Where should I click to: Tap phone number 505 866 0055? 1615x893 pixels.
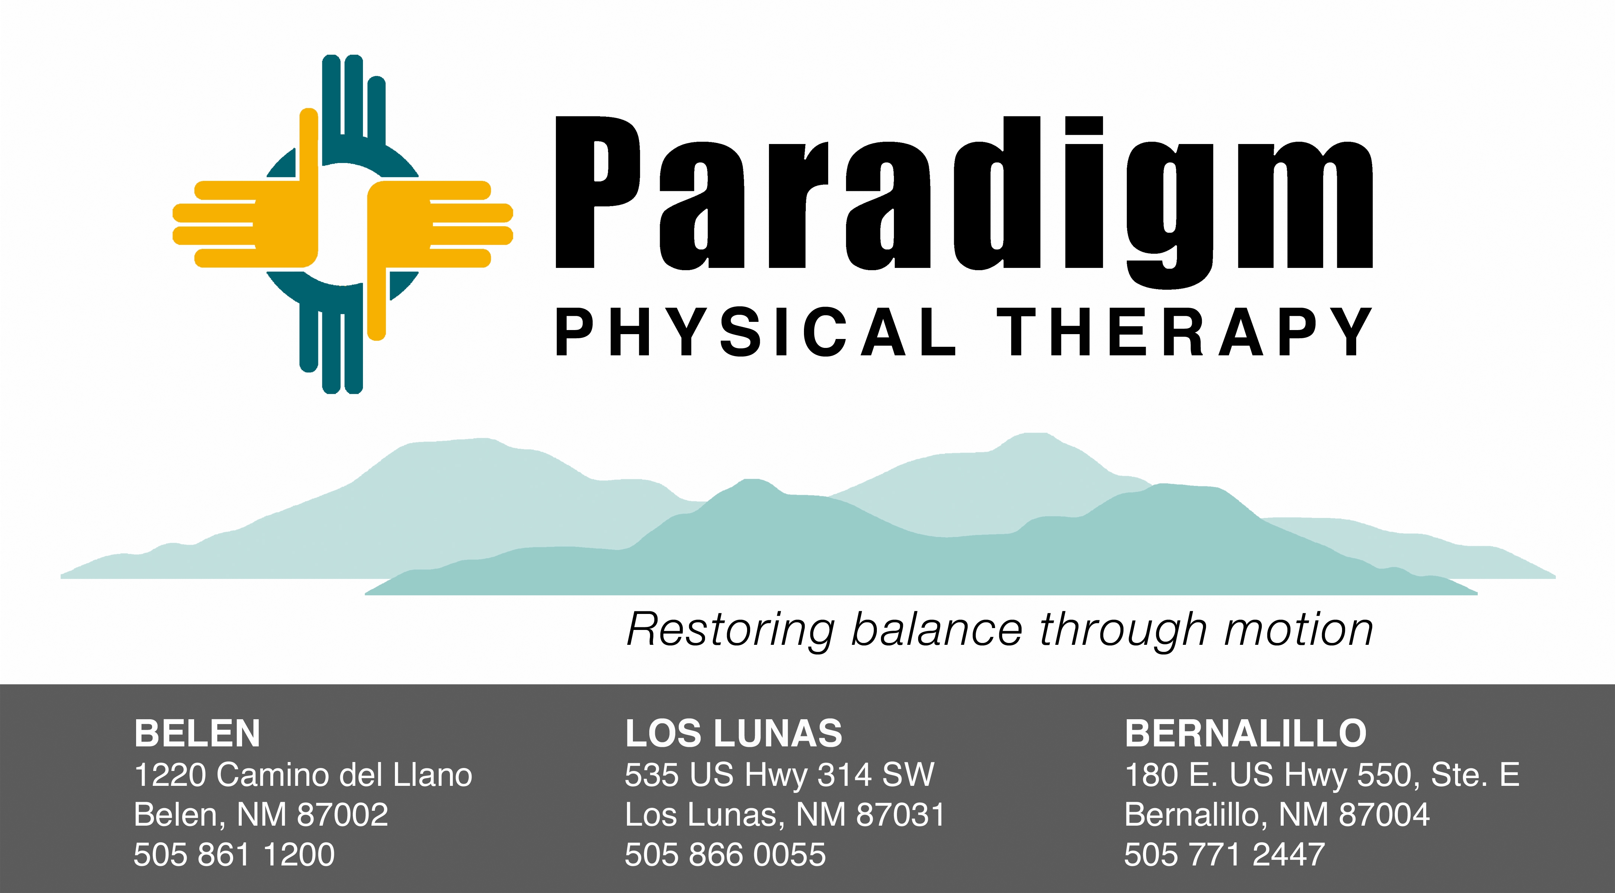tap(726, 854)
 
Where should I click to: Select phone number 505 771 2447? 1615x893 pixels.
tap(1225, 854)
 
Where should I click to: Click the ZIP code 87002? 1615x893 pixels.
tap(343, 814)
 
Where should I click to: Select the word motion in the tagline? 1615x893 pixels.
tap(1299, 630)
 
